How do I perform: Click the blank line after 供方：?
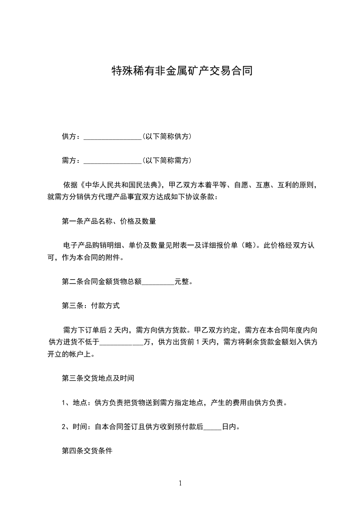[113, 137]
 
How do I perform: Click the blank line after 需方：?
[113, 161]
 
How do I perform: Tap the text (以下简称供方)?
[166, 137]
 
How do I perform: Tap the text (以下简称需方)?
[166, 161]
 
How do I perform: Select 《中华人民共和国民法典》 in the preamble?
[122, 185]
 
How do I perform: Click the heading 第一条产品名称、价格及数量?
[109, 222]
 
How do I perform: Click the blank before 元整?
[158, 282]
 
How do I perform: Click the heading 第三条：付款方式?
[91, 306]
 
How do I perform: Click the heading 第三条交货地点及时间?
[98, 378]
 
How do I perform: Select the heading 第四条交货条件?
[87, 451]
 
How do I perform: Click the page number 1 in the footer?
[180, 484]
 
